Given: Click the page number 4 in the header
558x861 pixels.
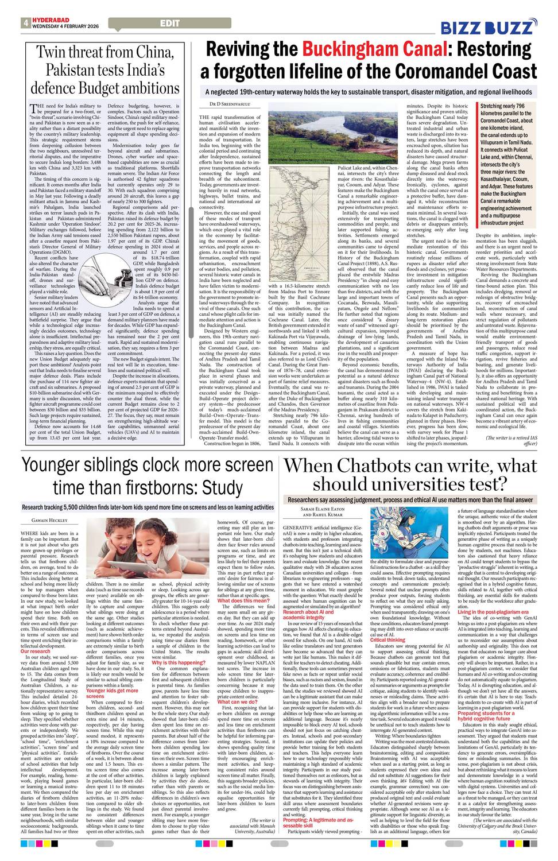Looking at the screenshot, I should [x=26, y=24].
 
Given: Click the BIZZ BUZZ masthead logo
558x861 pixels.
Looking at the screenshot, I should [x=489, y=27].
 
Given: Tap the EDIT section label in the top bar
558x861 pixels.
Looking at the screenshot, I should [x=169, y=23].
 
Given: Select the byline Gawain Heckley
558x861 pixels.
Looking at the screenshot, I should [x=49, y=521].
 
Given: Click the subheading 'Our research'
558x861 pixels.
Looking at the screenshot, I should [x=35, y=651].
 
